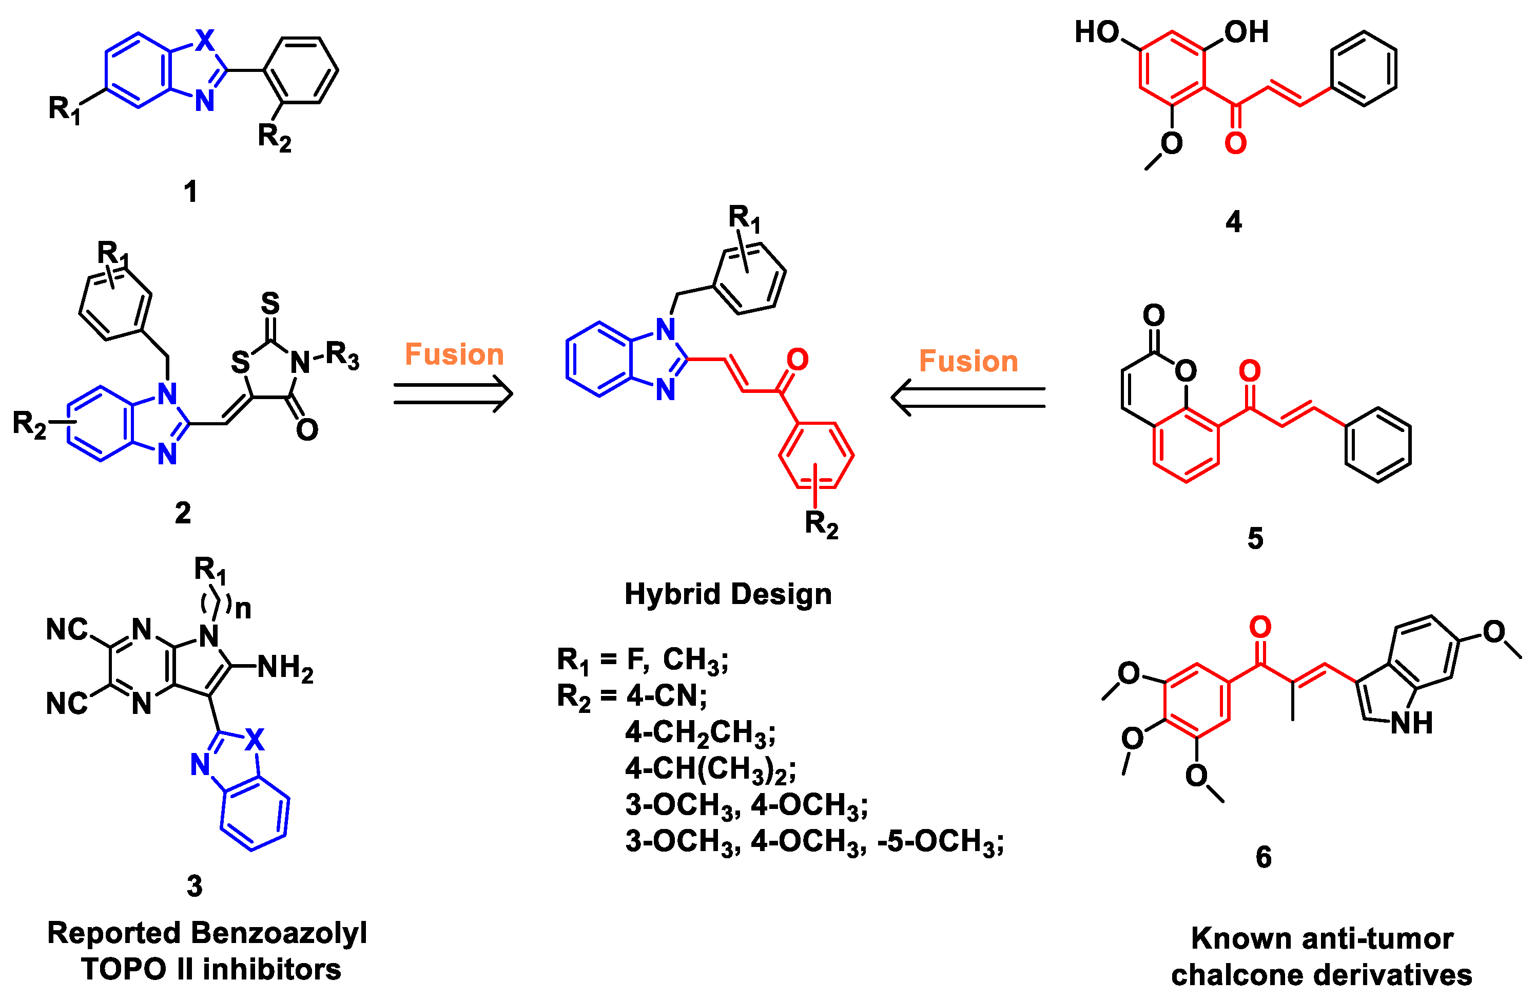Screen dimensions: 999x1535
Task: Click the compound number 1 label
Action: [190, 192]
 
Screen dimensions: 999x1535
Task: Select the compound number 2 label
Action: [183, 513]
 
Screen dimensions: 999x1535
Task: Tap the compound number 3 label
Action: [194, 886]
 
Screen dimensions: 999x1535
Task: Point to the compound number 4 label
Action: [1233, 222]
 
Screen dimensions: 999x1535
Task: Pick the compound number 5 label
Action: [1255, 538]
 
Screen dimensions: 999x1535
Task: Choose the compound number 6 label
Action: [1264, 857]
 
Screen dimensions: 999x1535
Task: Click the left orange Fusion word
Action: [454, 355]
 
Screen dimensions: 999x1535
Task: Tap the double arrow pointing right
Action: [453, 393]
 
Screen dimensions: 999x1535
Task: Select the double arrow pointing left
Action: [968, 398]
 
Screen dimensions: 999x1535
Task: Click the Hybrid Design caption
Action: [728, 594]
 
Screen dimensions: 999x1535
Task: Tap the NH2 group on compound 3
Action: [284, 668]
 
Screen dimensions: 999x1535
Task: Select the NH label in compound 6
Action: [1411, 723]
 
